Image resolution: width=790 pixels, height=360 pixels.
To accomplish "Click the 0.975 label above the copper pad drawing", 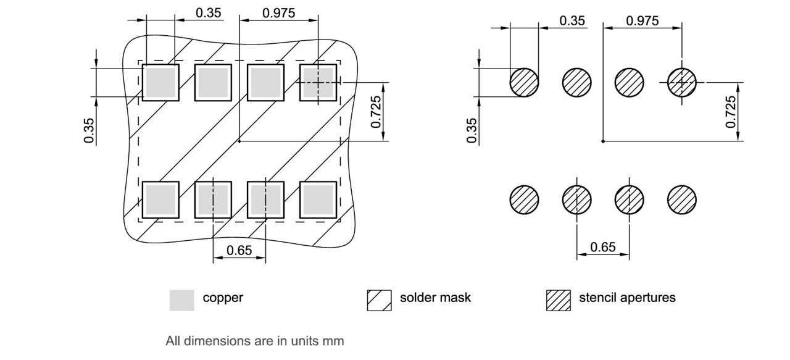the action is point(278,13).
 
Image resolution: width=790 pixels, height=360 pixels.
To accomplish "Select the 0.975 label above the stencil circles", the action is point(642,21).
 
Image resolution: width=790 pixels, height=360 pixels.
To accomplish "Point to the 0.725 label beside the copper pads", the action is point(376,112).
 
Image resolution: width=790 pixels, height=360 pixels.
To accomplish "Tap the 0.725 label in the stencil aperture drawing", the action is point(731,112).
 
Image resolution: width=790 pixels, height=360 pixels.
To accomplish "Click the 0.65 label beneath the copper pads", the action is point(239,250).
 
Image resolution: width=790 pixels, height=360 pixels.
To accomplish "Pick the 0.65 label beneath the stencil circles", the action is point(603,247).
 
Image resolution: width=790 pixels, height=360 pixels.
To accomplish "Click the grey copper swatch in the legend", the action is point(182,300).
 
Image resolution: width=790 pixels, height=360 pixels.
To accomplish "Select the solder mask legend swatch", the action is point(379,300).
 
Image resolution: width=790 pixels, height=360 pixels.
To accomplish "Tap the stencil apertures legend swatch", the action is point(559,300).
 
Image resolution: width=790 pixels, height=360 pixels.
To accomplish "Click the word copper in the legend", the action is point(223,298).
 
